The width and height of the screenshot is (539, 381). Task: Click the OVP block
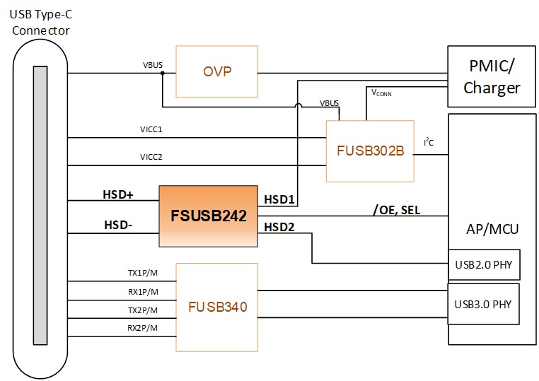(216, 72)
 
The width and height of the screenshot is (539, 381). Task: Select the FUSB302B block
(369, 151)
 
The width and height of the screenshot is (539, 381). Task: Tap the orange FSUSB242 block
(208, 216)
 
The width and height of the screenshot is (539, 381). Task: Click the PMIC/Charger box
(492, 78)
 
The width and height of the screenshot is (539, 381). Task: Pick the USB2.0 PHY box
(485, 265)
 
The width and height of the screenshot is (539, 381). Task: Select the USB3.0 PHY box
(485, 304)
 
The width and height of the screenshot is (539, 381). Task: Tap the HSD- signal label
(118, 224)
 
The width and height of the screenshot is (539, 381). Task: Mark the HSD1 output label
(279, 200)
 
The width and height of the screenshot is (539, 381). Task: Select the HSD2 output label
(279, 227)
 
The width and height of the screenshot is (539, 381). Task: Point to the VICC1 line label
(151, 130)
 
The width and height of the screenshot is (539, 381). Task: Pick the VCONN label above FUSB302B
(383, 93)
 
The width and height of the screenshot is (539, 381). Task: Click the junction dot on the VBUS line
(163, 73)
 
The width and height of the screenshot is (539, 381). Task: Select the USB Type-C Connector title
(41, 23)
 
